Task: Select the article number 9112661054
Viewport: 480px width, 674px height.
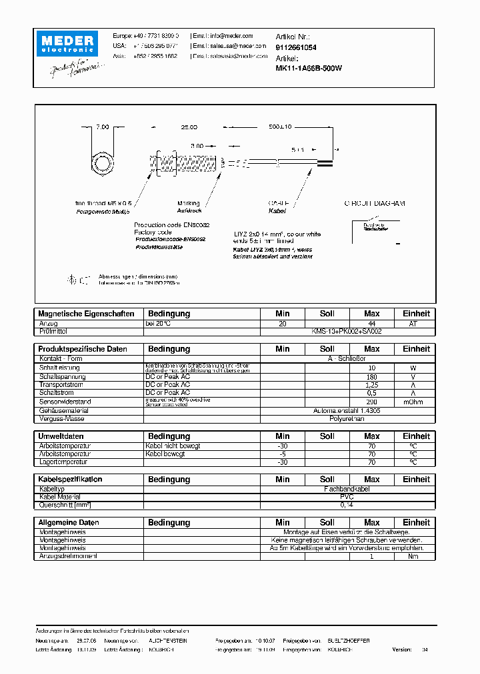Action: pyautogui.click(x=296, y=48)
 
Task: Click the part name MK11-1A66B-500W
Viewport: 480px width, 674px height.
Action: pyautogui.click(x=309, y=68)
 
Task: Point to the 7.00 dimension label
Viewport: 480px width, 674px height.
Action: pyautogui.click(x=102, y=127)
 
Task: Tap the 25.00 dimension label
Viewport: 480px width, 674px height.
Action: pyautogui.click(x=189, y=127)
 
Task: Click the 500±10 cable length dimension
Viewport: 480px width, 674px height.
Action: pyautogui.click(x=281, y=127)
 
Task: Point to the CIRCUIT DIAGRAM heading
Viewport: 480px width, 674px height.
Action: pyautogui.click(x=374, y=203)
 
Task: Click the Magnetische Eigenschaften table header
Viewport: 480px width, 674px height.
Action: pyautogui.click(x=87, y=314)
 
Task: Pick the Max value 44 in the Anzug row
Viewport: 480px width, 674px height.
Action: pyautogui.click(x=371, y=323)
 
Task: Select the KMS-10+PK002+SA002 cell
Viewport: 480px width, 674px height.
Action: pyautogui.click(x=346, y=331)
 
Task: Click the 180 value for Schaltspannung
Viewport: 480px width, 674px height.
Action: pyautogui.click(x=371, y=377)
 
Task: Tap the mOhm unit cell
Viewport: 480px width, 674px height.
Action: pyautogui.click(x=415, y=402)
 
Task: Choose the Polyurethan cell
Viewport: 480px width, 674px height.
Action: pyautogui.click(x=346, y=420)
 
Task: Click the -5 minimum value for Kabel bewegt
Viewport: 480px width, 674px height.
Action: pyautogui.click(x=283, y=454)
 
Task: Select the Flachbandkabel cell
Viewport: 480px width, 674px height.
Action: pyautogui.click(x=346, y=489)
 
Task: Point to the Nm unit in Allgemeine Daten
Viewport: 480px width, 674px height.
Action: pyautogui.click(x=415, y=556)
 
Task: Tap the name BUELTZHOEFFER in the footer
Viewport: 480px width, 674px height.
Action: pyautogui.click(x=348, y=640)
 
